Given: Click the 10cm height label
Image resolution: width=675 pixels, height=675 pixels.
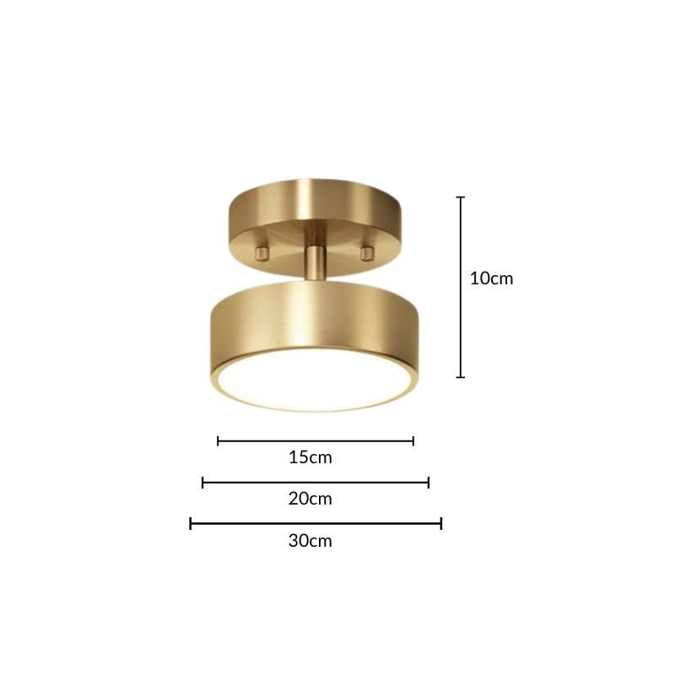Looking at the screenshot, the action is coord(491,278).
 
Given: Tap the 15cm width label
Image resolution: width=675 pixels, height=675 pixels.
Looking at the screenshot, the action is coord(310,457).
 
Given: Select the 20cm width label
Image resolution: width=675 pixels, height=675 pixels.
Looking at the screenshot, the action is coord(310,499).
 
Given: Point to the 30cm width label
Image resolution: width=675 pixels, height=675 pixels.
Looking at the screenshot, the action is coord(310,540).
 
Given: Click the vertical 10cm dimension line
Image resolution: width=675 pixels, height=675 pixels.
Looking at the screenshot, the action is coord(461,287).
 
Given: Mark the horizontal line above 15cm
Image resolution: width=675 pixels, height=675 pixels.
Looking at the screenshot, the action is coord(316,440).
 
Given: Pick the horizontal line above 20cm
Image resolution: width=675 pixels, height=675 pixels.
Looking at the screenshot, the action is coord(316,483).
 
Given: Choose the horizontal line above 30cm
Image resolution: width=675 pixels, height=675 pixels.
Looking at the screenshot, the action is coord(316,523).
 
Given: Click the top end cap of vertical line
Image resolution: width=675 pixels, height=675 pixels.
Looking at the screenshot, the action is coord(461,197).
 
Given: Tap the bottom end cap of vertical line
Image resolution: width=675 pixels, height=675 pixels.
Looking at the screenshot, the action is coord(461,377).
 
